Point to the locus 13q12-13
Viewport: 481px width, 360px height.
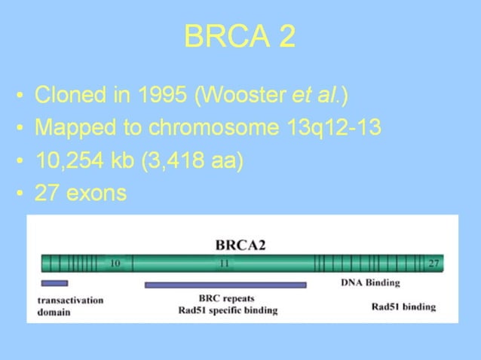334,128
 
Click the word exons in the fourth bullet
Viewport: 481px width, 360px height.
97,193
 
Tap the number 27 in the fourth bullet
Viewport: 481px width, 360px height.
48,193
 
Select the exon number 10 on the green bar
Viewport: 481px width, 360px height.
115,264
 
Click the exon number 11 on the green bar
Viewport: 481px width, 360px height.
224,264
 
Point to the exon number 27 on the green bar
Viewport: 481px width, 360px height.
434,264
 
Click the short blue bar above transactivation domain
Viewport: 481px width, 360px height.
54,283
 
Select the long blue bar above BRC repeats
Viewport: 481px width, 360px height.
225,285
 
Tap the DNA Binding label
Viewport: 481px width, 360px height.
370,282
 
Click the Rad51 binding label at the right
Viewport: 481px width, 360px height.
403,307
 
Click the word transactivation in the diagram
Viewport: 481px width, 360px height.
70,300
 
